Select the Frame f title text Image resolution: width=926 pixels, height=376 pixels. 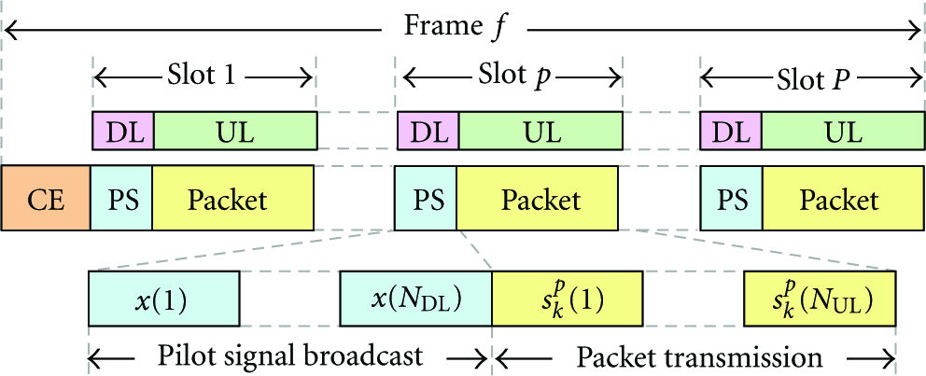click(x=455, y=28)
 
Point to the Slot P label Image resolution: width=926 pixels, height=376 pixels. click(x=812, y=77)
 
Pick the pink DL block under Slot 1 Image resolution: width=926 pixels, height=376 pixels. click(x=123, y=131)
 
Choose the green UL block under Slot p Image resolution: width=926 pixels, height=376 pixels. click(x=541, y=131)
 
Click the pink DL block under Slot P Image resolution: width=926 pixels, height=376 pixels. click(x=731, y=131)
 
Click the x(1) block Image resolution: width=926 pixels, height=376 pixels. click(x=164, y=299)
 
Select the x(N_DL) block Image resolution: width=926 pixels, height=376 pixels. click(x=415, y=299)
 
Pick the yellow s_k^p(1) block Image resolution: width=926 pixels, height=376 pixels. click(x=568, y=299)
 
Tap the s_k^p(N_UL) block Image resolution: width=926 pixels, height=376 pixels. click(x=821, y=299)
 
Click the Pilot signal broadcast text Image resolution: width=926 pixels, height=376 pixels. click(x=290, y=355)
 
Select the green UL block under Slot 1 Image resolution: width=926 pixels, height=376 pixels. click(x=236, y=131)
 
